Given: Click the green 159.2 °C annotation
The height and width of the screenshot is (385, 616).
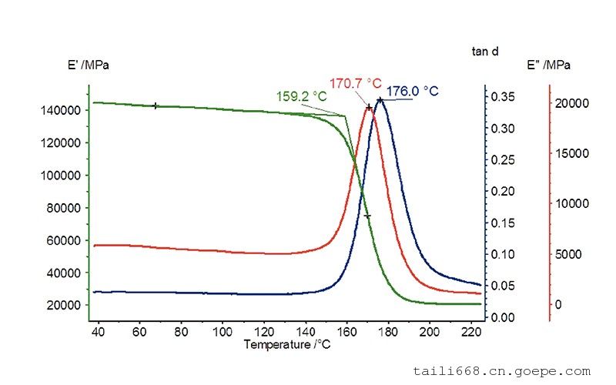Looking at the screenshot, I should coord(301,97).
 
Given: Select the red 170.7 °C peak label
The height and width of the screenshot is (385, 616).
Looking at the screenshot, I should coord(356,82).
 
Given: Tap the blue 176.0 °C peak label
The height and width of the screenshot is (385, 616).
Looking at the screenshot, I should coord(412,91).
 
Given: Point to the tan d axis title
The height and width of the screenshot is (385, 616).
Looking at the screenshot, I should coord(484,52).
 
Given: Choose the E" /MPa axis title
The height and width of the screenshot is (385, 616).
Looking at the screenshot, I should coord(548,65).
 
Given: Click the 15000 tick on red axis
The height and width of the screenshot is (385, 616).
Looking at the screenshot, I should coord(573,153).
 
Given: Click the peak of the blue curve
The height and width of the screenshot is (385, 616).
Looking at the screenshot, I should coord(380,99).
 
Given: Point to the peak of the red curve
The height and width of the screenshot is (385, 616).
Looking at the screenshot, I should coord(369,107).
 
